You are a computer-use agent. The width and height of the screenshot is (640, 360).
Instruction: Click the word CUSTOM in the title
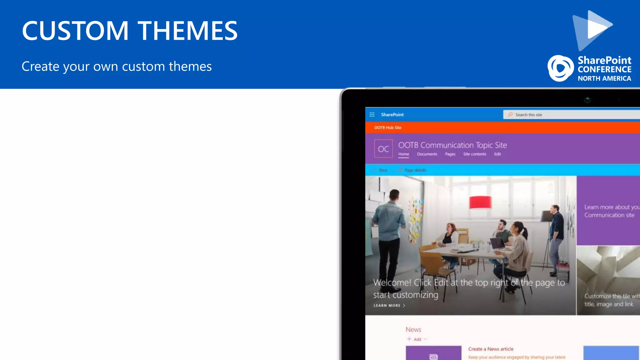pos(75,31)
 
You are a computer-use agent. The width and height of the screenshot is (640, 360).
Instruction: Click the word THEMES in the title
pos(187,31)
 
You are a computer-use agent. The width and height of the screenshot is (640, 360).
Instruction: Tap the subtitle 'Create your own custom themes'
pos(117,67)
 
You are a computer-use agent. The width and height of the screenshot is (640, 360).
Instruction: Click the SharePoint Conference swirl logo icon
pos(561,68)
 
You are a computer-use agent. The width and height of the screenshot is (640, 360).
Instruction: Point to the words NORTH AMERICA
pos(604,78)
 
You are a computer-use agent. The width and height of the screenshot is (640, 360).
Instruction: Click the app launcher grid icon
pos(372,115)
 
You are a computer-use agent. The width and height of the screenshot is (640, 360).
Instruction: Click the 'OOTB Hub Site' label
pos(388,127)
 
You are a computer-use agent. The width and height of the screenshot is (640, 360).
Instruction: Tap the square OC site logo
pos(383,149)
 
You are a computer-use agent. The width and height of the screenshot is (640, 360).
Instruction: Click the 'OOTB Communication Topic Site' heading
pos(452,145)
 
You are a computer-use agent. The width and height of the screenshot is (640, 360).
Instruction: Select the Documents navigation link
pos(427,154)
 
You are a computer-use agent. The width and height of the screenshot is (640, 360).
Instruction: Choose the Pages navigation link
pos(450,154)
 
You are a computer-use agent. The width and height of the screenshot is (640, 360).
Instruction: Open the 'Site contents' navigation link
pos(474,154)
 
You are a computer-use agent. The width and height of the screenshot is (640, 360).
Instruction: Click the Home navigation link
pos(403,154)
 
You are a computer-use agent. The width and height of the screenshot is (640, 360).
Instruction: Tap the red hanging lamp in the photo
pos(480,202)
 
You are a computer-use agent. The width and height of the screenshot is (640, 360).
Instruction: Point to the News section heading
pos(413,329)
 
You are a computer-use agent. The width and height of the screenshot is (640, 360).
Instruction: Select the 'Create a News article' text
pos(491,349)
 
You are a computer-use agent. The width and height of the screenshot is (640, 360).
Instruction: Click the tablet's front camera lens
pos(587,100)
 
